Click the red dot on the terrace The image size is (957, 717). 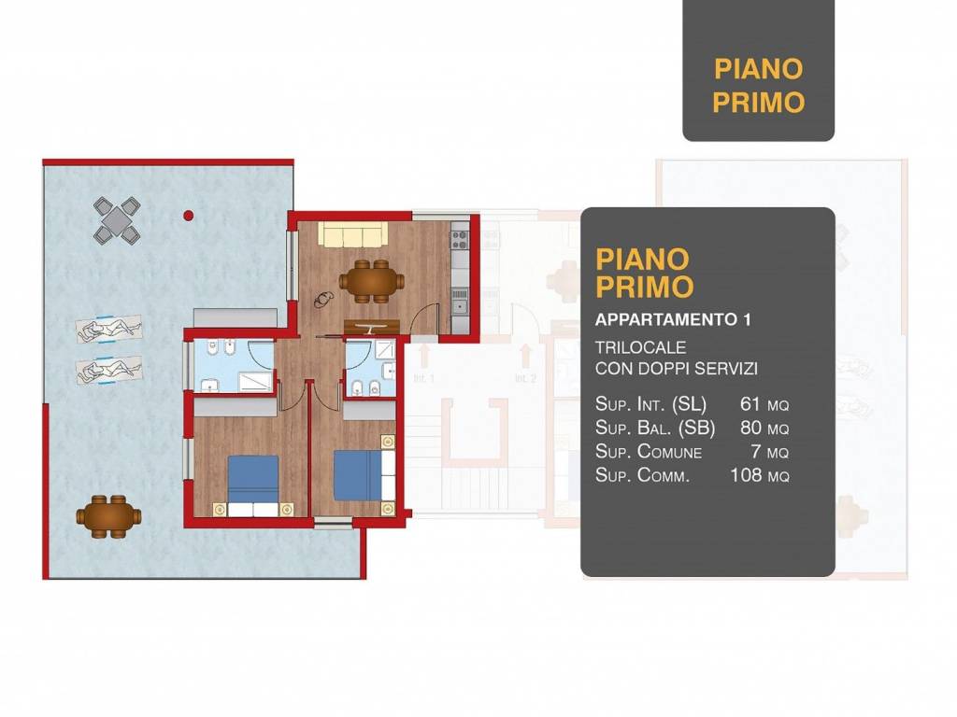tap(189, 216)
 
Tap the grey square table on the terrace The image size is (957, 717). tap(117, 219)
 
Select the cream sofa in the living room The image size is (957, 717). tap(352, 234)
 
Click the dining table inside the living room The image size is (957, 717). tap(372, 282)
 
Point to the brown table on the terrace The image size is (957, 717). tap(108, 516)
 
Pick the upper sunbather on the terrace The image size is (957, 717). tap(108, 329)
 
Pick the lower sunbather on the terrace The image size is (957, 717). tap(108, 370)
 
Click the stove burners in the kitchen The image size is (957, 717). tap(460, 239)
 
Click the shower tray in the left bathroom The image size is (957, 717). tap(254, 382)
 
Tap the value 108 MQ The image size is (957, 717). tap(759, 474)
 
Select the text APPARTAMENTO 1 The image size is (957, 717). tap(673, 319)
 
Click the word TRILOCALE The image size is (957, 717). tap(641, 347)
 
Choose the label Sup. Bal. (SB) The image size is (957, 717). tap(655, 428)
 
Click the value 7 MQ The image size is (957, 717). tap(770, 452)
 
